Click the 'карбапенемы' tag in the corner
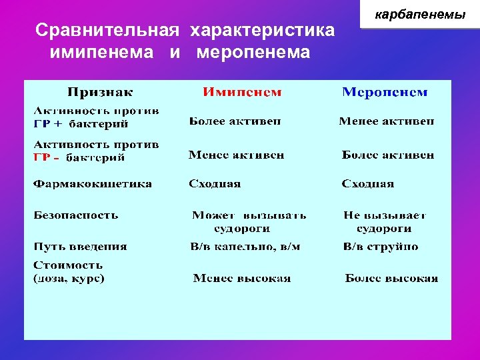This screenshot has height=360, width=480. pyautogui.click(x=420, y=14)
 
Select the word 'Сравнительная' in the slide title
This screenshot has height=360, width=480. pyautogui.click(x=107, y=31)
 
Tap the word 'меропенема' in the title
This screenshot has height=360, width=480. pyautogui.click(x=253, y=52)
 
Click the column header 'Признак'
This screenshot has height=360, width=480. pyautogui.click(x=100, y=92)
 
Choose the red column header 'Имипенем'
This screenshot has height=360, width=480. pyautogui.click(x=242, y=92)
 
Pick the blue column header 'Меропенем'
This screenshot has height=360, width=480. pyautogui.click(x=385, y=92)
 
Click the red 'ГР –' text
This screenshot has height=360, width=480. pyautogui.click(x=46, y=158)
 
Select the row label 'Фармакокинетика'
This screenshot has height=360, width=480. pyautogui.click(x=93, y=183)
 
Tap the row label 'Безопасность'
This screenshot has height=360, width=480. pyautogui.click(x=76, y=215)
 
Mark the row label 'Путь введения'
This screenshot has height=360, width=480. pyautogui.click(x=80, y=246)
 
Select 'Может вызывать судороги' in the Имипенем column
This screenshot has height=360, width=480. pyautogui.click(x=249, y=221)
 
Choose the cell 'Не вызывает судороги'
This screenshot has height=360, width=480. pyautogui.click(x=385, y=221)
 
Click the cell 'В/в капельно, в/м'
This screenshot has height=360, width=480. pyautogui.click(x=245, y=246)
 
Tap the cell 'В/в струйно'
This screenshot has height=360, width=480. pyautogui.click(x=381, y=246)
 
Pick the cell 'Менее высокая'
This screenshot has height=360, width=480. pyautogui.click(x=242, y=278)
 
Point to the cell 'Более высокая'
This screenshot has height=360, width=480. pyautogui.click(x=391, y=278)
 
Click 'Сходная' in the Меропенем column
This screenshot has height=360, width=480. pyautogui.click(x=368, y=183)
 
